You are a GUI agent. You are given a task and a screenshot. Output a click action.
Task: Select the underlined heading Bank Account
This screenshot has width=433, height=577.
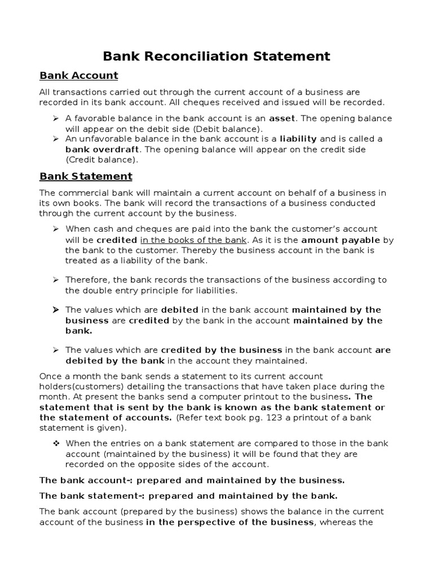[78, 76]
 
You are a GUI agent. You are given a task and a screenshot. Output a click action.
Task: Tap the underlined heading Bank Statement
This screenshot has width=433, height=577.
[86, 176]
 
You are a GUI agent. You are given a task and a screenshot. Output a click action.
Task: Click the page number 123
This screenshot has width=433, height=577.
[255, 418]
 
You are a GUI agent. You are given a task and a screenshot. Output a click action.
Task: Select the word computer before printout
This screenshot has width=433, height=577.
[223, 397]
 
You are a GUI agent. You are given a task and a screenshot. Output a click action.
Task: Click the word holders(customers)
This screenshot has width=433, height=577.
[78, 386]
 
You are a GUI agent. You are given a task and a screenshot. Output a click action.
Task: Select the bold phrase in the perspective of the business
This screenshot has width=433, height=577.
[229, 522]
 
